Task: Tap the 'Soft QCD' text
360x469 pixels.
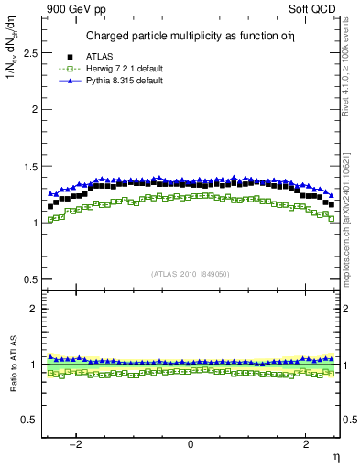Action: [x=316, y=8]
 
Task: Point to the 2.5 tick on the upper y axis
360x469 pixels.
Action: [x=30, y=53]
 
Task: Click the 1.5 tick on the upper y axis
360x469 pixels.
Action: [x=30, y=167]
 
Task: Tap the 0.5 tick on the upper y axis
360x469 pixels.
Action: [x=30, y=279]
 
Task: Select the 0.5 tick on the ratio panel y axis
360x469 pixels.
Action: [x=30, y=420]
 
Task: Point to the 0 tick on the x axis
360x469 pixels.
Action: [x=191, y=444]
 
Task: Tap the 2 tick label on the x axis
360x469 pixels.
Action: [x=305, y=444]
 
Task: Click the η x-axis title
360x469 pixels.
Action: [x=335, y=457]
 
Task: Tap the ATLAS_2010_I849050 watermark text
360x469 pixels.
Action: [x=191, y=274]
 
